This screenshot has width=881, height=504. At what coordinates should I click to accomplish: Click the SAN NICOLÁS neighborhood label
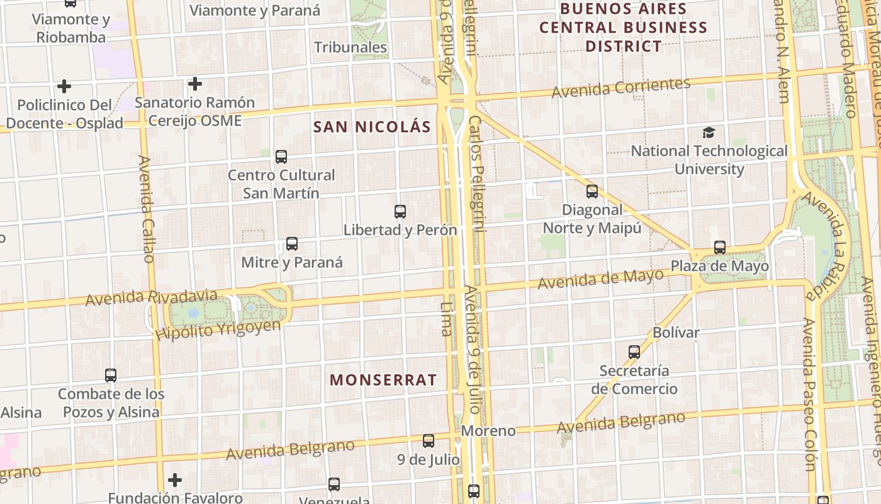pos(372,127)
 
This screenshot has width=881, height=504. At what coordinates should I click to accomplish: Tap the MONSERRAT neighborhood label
pos(383,380)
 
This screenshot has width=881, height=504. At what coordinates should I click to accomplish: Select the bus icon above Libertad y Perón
pos(400,212)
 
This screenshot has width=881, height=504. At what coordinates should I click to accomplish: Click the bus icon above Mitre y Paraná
pos(292,244)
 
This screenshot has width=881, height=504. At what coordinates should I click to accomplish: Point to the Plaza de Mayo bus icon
pos(720,248)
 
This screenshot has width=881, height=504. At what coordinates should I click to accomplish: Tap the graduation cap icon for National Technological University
pos(709,132)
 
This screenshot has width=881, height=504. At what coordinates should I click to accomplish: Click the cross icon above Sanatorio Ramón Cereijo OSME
pos(195,84)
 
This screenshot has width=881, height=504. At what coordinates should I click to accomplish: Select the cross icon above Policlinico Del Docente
pos(64,86)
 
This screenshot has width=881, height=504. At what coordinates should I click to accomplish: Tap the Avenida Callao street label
pos(146,209)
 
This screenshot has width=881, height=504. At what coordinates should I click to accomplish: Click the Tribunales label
pos(351,47)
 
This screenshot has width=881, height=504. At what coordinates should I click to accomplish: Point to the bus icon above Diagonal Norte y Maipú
pos(592,192)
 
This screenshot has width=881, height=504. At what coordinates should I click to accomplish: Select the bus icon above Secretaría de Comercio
pos(634,352)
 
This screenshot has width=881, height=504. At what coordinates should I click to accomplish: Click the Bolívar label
pos(676,332)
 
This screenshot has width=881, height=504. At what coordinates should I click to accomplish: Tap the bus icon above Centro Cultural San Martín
pos(281,157)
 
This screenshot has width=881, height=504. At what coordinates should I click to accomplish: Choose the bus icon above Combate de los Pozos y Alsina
pos(111,375)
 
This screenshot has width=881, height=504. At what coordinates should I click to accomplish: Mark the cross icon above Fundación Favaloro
pos(175,480)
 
